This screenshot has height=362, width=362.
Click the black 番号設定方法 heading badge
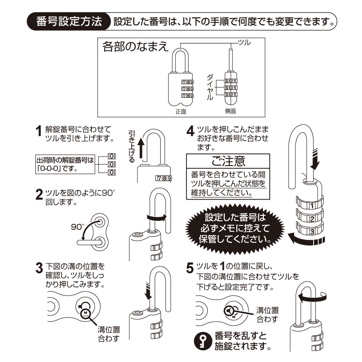point(69,22)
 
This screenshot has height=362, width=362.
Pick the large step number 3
point(39,268)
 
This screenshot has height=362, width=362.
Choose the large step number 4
point(191,132)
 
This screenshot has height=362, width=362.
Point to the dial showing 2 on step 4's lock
point(311,219)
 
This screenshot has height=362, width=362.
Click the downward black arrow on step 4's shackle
point(315,161)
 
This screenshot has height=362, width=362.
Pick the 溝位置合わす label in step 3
point(108,334)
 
